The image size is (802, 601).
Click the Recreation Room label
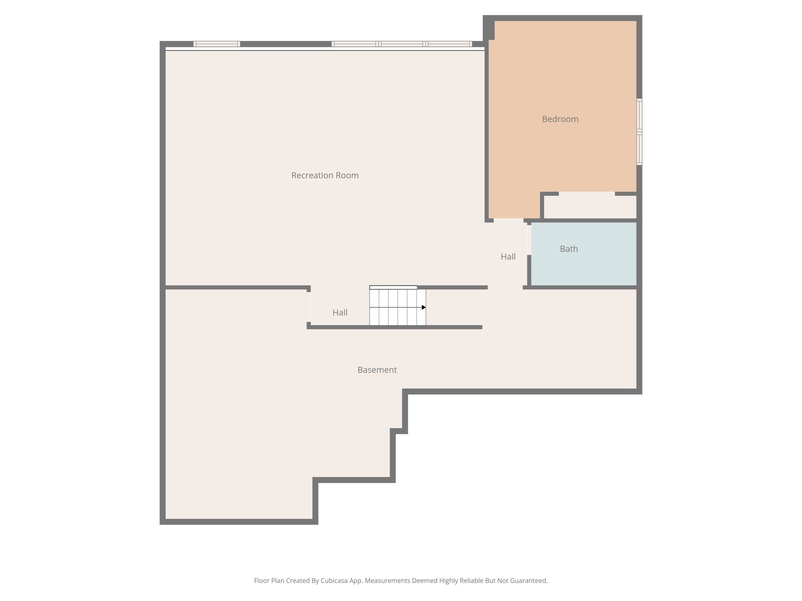coord(325,175)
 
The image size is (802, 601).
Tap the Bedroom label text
coord(560,119)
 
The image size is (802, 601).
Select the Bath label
coord(569,249)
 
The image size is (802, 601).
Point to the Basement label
coord(377,370)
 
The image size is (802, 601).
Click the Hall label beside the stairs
coord(340,313)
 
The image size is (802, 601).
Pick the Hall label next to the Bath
coord(508,257)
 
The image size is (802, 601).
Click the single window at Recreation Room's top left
coord(217,44)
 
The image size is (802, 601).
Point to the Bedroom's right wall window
coord(640,132)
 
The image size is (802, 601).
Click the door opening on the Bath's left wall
coord(529,240)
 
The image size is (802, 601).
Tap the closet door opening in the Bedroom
coord(587,194)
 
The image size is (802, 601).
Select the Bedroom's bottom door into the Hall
coord(508,220)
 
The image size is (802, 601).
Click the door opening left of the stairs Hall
coord(309,307)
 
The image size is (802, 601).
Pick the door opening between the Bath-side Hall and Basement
coord(505,287)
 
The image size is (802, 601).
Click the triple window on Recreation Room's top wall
coord(402,44)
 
